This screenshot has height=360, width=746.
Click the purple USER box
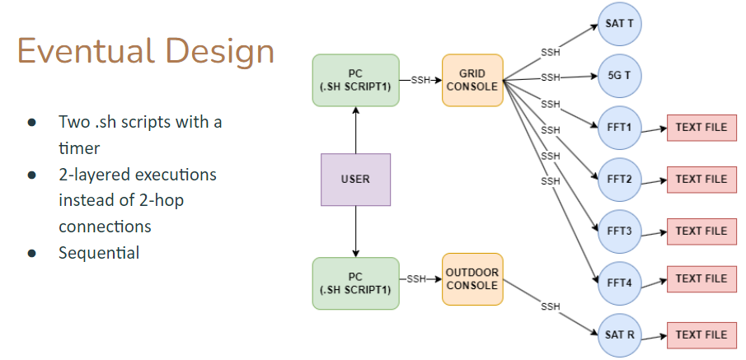pos(355,180)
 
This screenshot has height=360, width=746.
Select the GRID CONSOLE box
pos(472,80)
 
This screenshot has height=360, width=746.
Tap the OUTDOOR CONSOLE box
pos(472,278)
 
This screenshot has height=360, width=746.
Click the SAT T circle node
pos(619,24)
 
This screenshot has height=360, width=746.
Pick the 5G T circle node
pos(619,76)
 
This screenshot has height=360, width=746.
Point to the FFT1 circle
pos(619,129)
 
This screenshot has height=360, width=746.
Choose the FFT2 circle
pos(619,180)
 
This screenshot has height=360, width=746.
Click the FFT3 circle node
pos(619,231)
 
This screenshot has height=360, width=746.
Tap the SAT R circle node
pos(619,335)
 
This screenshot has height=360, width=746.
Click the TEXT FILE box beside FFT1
pos(701,129)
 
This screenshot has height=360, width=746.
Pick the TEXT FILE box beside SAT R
pos(701,335)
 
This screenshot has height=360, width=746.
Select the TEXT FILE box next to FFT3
pos(701,231)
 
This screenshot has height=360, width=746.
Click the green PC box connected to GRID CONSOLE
pos(355,80)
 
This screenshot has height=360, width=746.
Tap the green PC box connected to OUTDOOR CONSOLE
pos(355,283)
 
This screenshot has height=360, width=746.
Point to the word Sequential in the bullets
pos(99,253)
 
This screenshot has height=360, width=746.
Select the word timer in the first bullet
pos(81,148)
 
